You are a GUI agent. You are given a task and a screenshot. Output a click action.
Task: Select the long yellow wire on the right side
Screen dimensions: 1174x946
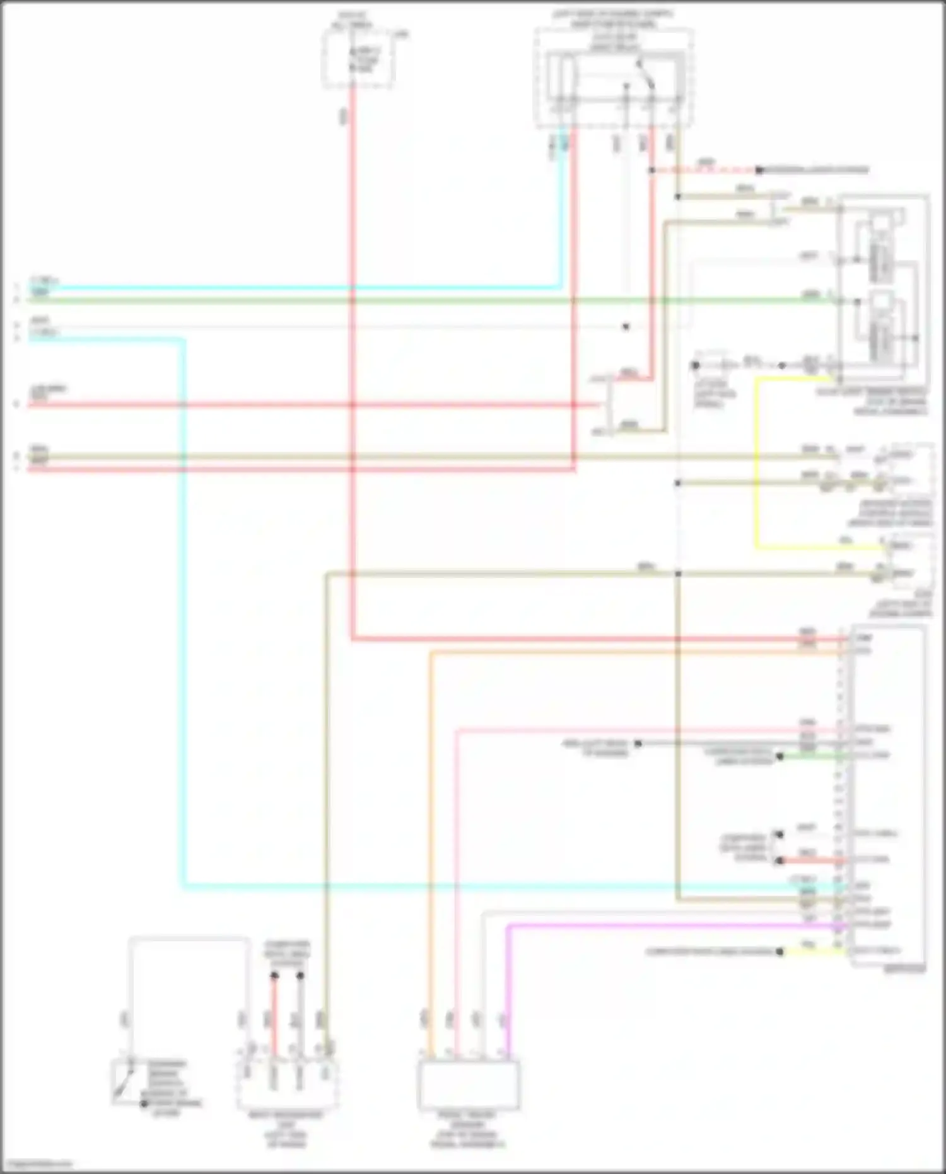757,461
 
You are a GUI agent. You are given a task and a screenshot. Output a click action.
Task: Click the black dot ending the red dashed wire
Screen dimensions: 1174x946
759,170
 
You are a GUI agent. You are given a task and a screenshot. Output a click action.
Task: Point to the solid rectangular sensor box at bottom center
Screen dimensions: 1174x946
469,1084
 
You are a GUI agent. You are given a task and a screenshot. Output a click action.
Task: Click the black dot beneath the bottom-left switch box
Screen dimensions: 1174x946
144,1104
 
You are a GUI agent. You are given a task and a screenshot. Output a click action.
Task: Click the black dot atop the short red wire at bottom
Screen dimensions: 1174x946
274,976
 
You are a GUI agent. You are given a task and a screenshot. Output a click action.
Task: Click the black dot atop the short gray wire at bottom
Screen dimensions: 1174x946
301,976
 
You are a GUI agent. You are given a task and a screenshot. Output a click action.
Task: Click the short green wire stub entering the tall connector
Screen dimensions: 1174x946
810,756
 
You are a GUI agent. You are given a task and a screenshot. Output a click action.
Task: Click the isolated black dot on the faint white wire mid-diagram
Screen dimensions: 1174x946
626,327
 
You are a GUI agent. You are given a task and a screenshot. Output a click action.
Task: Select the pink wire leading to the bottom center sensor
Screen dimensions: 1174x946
457,883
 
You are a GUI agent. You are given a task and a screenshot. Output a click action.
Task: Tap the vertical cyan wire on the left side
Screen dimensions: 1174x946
184,631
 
